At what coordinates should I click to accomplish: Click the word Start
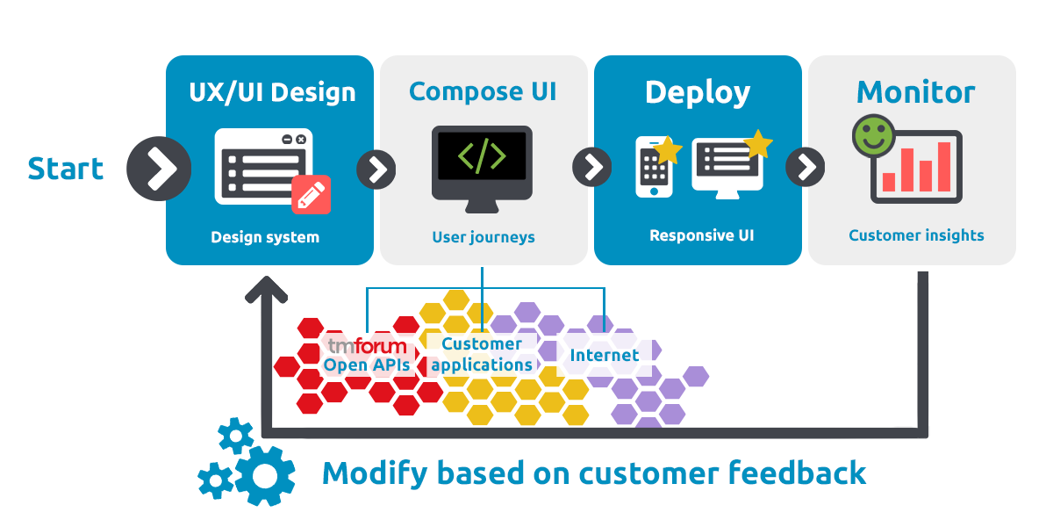[x=66, y=169]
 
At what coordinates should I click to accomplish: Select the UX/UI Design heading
[x=272, y=92]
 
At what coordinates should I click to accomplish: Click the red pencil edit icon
[x=312, y=195]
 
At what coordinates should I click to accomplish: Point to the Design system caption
[x=265, y=237]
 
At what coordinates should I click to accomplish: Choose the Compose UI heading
[x=483, y=91]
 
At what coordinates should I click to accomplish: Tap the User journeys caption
[x=483, y=237]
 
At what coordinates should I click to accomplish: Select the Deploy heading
[x=698, y=92]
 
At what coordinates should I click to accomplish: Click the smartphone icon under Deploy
[x=654, y=167]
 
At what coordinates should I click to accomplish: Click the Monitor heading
[x=915, y=92]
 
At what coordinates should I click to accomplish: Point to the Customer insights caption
[x=916, y=235]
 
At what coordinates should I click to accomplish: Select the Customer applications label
[x=482, y=354]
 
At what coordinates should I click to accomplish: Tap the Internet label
[x=605, y=356]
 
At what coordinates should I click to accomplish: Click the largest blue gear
[x=264, y=475]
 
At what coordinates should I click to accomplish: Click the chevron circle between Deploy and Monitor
[x=806, y=166]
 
